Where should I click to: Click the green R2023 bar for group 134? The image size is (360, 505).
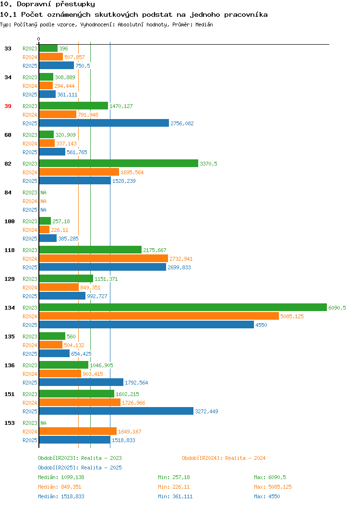183,308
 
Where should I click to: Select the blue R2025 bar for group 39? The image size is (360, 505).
104,123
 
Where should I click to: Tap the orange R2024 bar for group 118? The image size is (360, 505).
104,258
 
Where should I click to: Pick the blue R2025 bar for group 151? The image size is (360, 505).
116,411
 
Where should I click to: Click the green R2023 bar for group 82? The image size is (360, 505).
119,163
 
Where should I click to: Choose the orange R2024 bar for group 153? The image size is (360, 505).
78,431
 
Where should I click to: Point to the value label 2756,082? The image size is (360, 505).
182,123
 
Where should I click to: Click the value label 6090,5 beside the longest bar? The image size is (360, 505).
337,308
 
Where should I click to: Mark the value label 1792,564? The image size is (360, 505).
136,383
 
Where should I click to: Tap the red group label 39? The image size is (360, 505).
8,106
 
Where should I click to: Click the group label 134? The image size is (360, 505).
9,308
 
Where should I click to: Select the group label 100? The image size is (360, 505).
9,221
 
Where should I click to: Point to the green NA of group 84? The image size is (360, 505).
44,192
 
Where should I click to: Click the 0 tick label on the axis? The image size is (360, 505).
39,39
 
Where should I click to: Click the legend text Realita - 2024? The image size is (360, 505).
245,458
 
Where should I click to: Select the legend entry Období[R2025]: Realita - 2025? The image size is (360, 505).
80,468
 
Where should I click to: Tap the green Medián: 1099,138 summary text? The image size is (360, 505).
61,477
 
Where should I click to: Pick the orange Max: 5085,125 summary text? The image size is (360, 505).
273,487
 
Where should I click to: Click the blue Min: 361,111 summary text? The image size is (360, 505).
175,497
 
